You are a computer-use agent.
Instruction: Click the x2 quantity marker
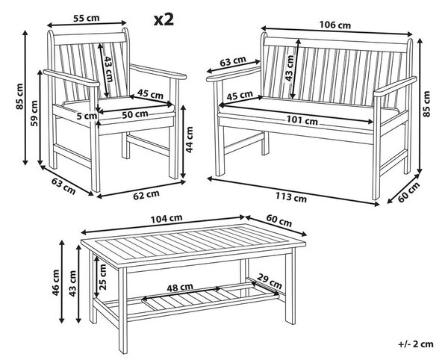pos(164,19)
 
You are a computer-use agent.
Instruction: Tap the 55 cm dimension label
pos(87,18)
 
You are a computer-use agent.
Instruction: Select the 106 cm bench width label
pos(335,25)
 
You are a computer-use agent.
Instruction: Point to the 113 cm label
pos(291,197)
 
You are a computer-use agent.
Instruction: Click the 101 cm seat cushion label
pos(302,120)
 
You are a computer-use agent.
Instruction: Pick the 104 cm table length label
pos(167,219)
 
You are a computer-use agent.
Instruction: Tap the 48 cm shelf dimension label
pos(180,287)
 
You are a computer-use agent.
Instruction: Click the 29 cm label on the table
pos(270,281)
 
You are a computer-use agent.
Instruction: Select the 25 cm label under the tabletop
pos(102,276)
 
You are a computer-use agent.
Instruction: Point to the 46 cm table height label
pos(56,282)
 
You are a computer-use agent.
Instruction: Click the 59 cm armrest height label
pos(34,113)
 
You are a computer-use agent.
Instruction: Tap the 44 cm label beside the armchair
pos(189,140)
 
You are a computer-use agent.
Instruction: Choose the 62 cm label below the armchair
pos(146,195)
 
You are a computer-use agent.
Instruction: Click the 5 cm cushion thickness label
pos(87,116)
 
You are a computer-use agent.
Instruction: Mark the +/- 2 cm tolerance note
pos(416,344)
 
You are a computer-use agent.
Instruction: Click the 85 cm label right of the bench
pos(426,103)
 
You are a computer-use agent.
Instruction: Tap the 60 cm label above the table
pos(279,220)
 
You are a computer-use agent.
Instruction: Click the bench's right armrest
pos(395,87)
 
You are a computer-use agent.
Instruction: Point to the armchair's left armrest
pos(72,78)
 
